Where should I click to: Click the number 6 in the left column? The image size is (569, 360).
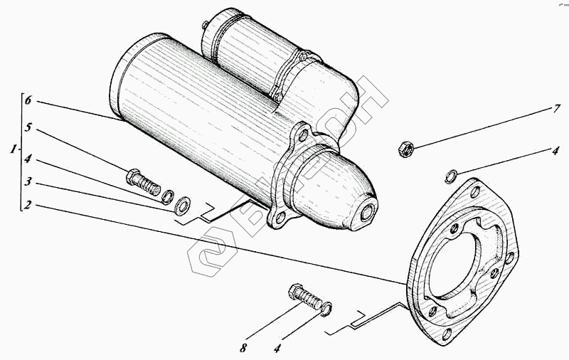tap(28, 102)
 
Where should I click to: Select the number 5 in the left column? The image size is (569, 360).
tap(28, 129)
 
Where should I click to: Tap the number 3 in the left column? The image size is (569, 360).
tap(28, 182)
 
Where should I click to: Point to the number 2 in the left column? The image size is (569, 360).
tap(28, 205)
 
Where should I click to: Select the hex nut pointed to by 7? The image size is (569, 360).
tap(405, 149)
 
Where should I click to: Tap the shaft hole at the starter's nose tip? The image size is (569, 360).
tap(369, 212)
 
